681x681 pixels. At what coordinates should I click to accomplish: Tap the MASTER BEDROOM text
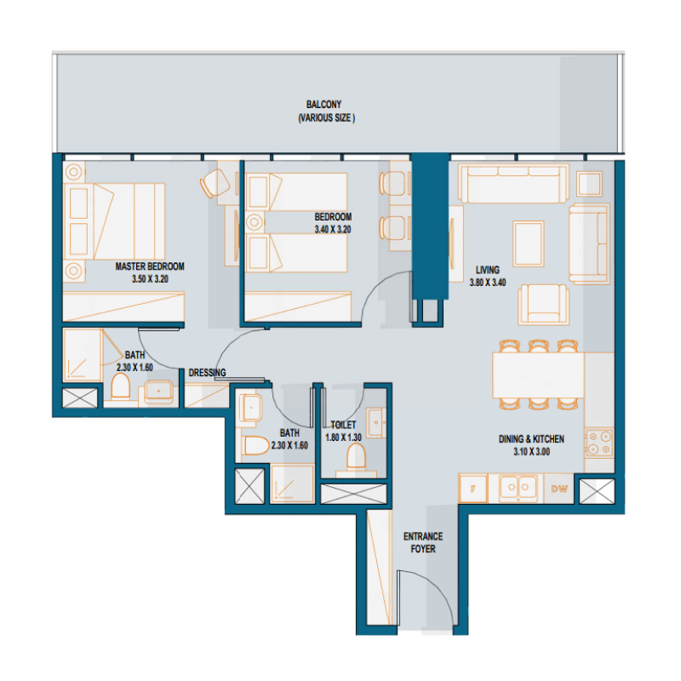coord(150,266)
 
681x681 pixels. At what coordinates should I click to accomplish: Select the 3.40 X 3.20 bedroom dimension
coord(333,229)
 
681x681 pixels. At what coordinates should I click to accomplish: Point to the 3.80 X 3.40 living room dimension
coord(488,283)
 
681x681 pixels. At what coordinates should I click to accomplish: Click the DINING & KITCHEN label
coord(531,439)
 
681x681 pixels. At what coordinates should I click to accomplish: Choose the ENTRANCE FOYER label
coord(423,542)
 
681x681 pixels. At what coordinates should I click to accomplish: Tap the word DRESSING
coord(207,373)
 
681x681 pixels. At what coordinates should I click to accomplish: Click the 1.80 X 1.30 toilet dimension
coord(343,437)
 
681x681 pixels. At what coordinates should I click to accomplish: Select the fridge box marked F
coord(472,489)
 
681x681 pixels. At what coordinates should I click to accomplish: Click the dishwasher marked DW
coord(559,489)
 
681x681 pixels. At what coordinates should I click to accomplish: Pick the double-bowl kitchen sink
coord(518,488)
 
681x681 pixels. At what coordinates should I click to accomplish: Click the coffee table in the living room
coord(529,235)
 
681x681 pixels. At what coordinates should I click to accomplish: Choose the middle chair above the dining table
coord(537,346)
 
